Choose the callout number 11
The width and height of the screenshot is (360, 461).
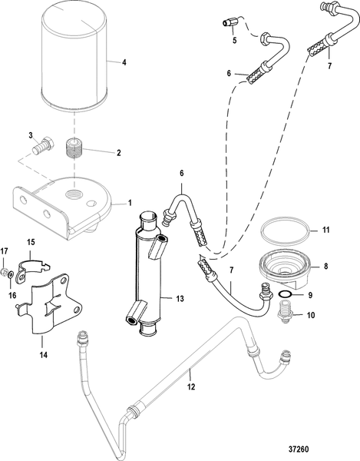[x=325, y=230]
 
